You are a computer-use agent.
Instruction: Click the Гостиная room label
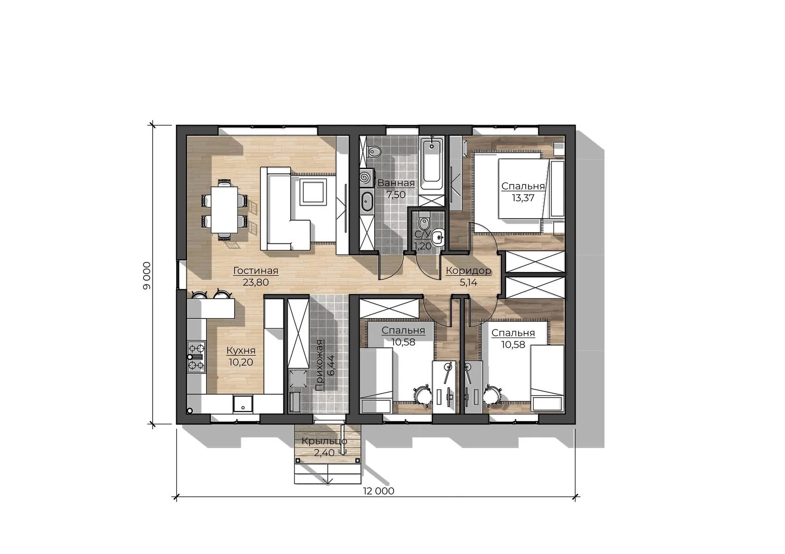pos(256,271)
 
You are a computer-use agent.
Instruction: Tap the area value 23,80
pos(256,283)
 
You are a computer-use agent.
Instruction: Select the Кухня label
pos(241,351)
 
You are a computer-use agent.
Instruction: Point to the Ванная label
pos(396,183)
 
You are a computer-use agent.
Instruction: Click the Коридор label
pos(469,271)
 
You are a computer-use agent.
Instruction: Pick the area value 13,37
pos(523,198)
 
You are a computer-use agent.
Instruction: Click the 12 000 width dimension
pos(378,491)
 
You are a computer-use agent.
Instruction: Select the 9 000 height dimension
pos(147,276)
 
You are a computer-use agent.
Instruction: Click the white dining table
pos(225,209)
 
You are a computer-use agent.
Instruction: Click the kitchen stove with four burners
pos(196,357)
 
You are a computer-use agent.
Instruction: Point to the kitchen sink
pos(243,404)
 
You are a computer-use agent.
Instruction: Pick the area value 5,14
pos(469,283)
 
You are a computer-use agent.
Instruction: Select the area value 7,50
pos(396,194)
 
